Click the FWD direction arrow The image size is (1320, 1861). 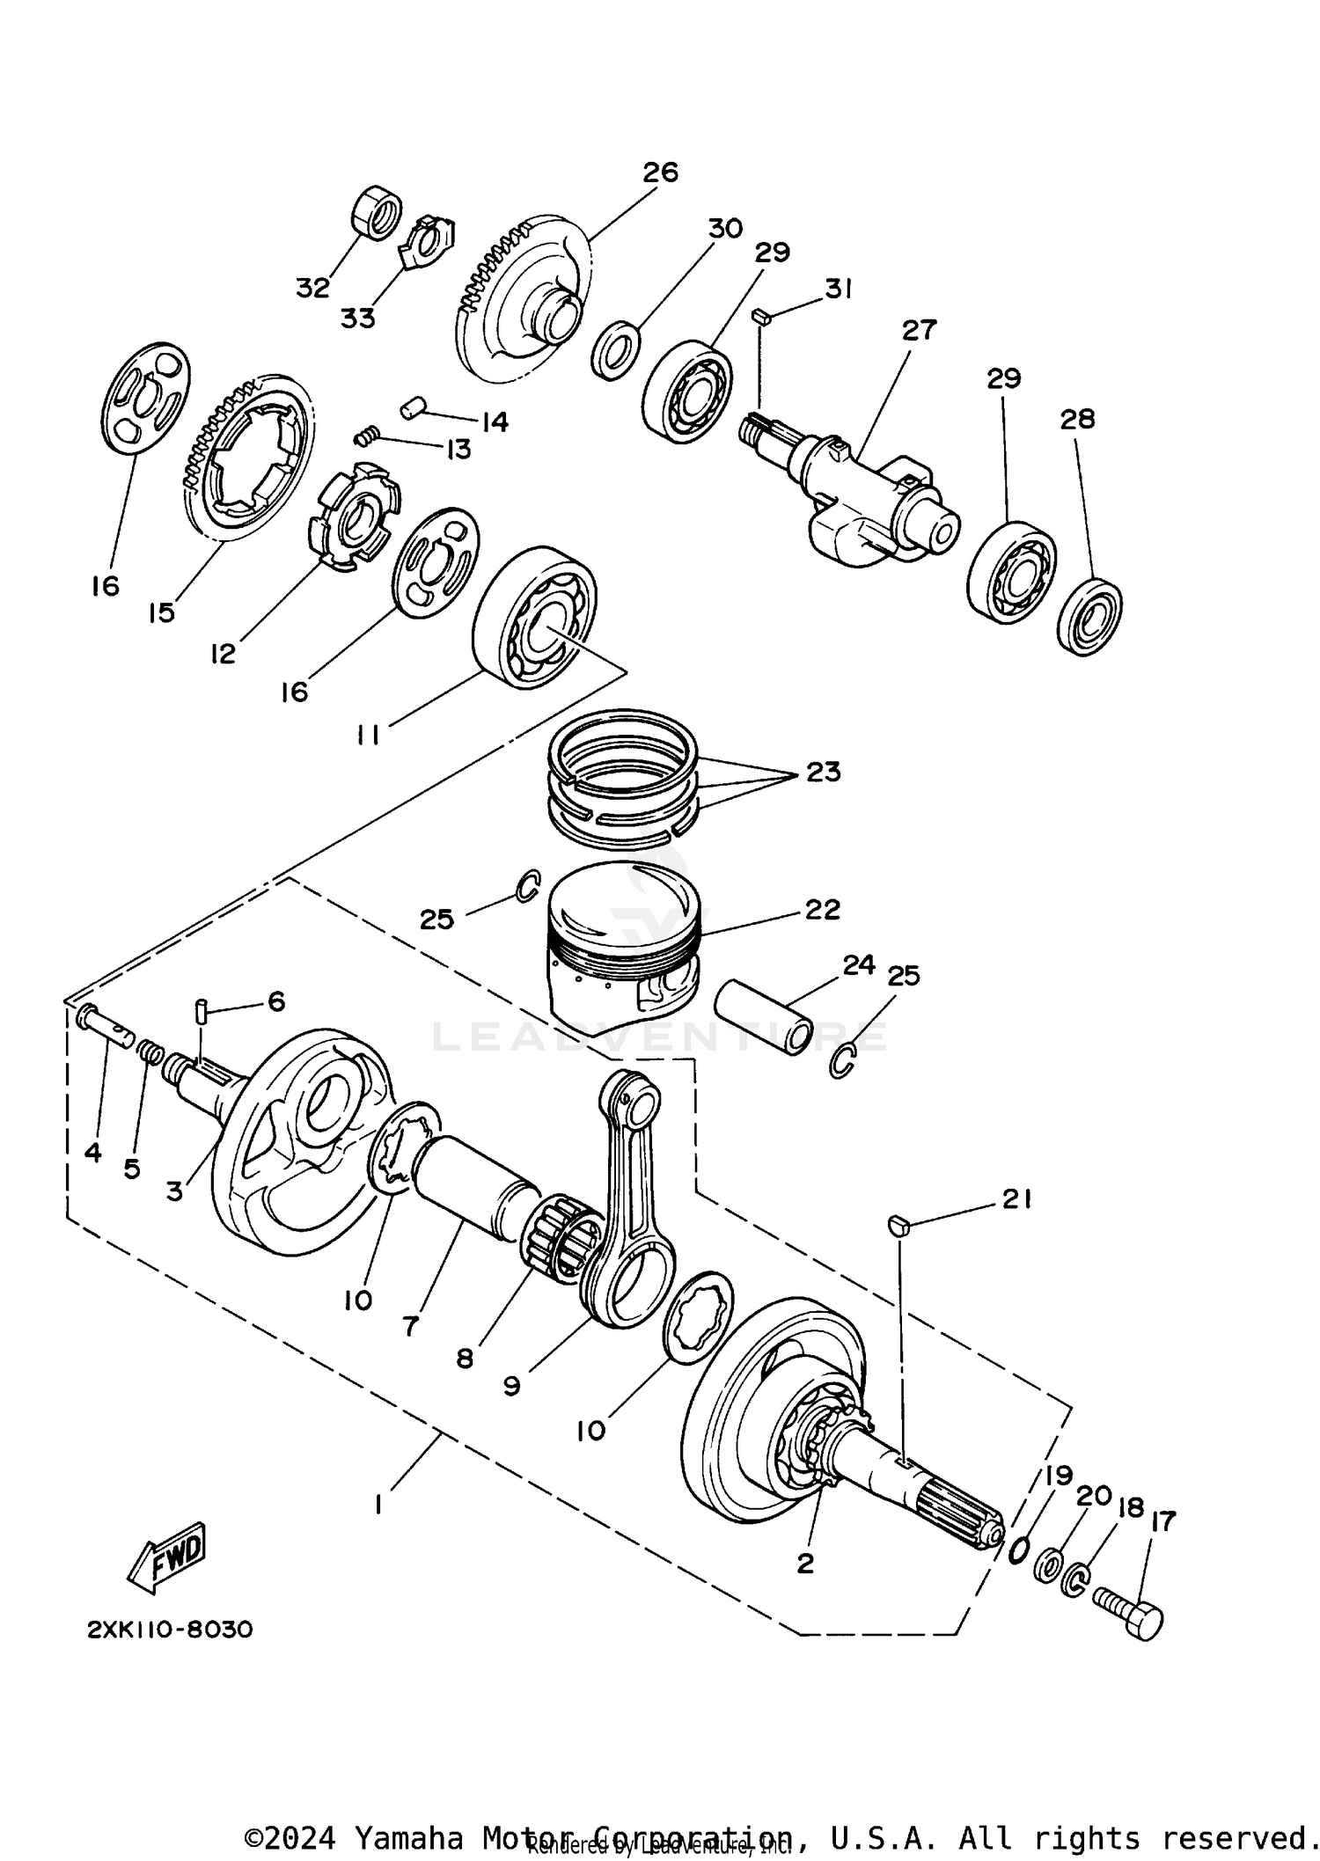click(167, 1557)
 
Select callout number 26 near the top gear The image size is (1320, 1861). click(660, 172)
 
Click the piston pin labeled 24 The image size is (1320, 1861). click(763, 1015)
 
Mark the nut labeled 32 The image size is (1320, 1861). click(377, 212)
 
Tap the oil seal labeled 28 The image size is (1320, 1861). click(1089, 616)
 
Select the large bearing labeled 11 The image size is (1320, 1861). click(535, 618)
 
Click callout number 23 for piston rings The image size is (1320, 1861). click(824, 773)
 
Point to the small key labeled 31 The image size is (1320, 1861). click(762, 316)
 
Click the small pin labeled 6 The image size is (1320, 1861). click(201, 1010)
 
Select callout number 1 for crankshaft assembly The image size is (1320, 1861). click(378, 1505)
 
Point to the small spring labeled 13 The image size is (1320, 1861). click(369, 435)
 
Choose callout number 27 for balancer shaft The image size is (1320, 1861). click(919, 331)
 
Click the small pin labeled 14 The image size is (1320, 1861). click(414, 408)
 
